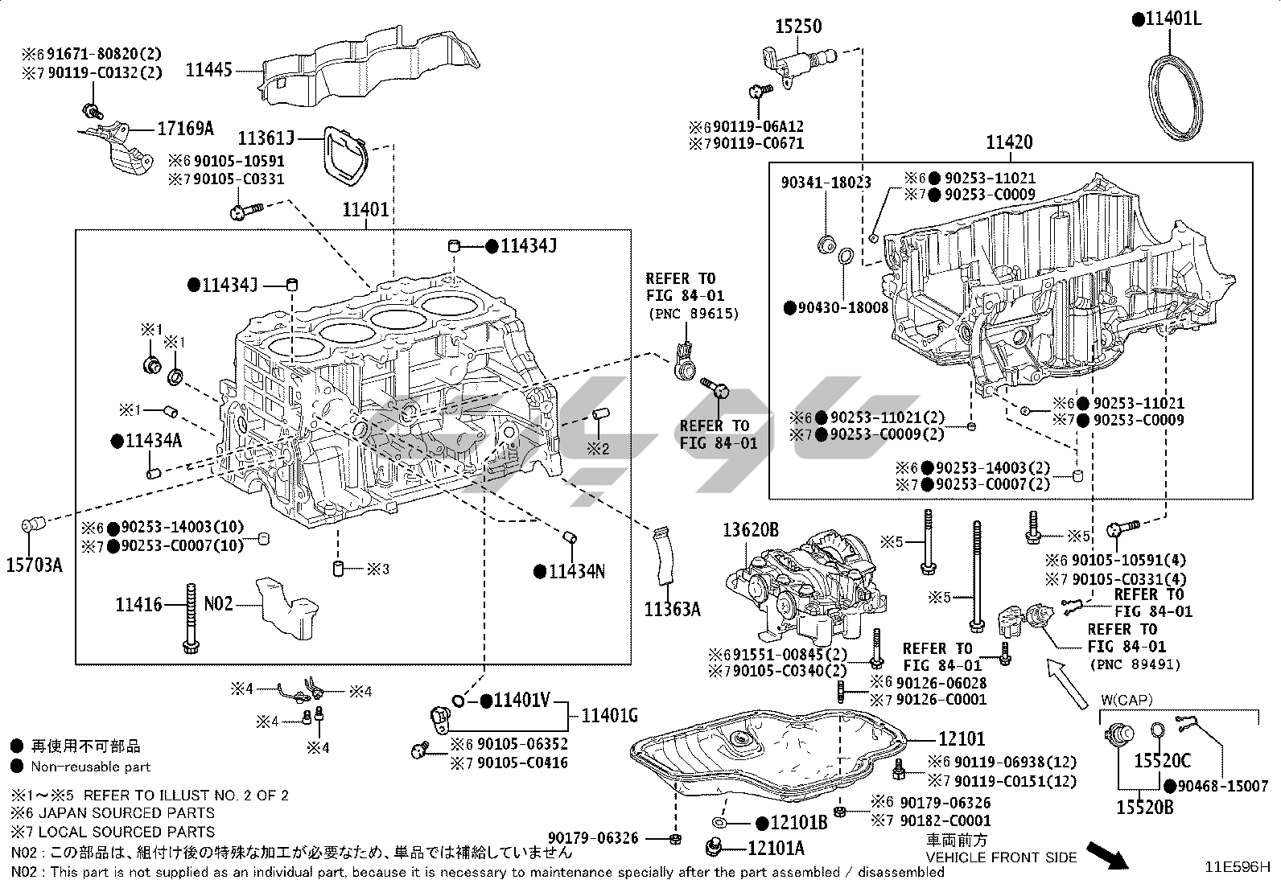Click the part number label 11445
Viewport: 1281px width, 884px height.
(208, 70)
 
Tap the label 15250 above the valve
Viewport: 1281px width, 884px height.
(798, 27)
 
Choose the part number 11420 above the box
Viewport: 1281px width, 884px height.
(1010, 142)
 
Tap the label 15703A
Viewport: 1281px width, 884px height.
(35, 565)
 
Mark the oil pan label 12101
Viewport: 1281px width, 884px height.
(961, 738)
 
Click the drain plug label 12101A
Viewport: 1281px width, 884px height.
(776, 848)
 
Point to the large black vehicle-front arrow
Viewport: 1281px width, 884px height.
(1107, 855)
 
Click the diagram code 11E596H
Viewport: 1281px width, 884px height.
(1238, 867)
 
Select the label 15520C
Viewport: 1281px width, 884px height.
(1162, 759)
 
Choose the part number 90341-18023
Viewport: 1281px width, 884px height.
(826, 183)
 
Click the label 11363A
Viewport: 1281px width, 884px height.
(672, 609)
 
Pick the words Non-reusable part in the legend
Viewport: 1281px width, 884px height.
(91, 767)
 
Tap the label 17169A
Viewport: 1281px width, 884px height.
(185, 128)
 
